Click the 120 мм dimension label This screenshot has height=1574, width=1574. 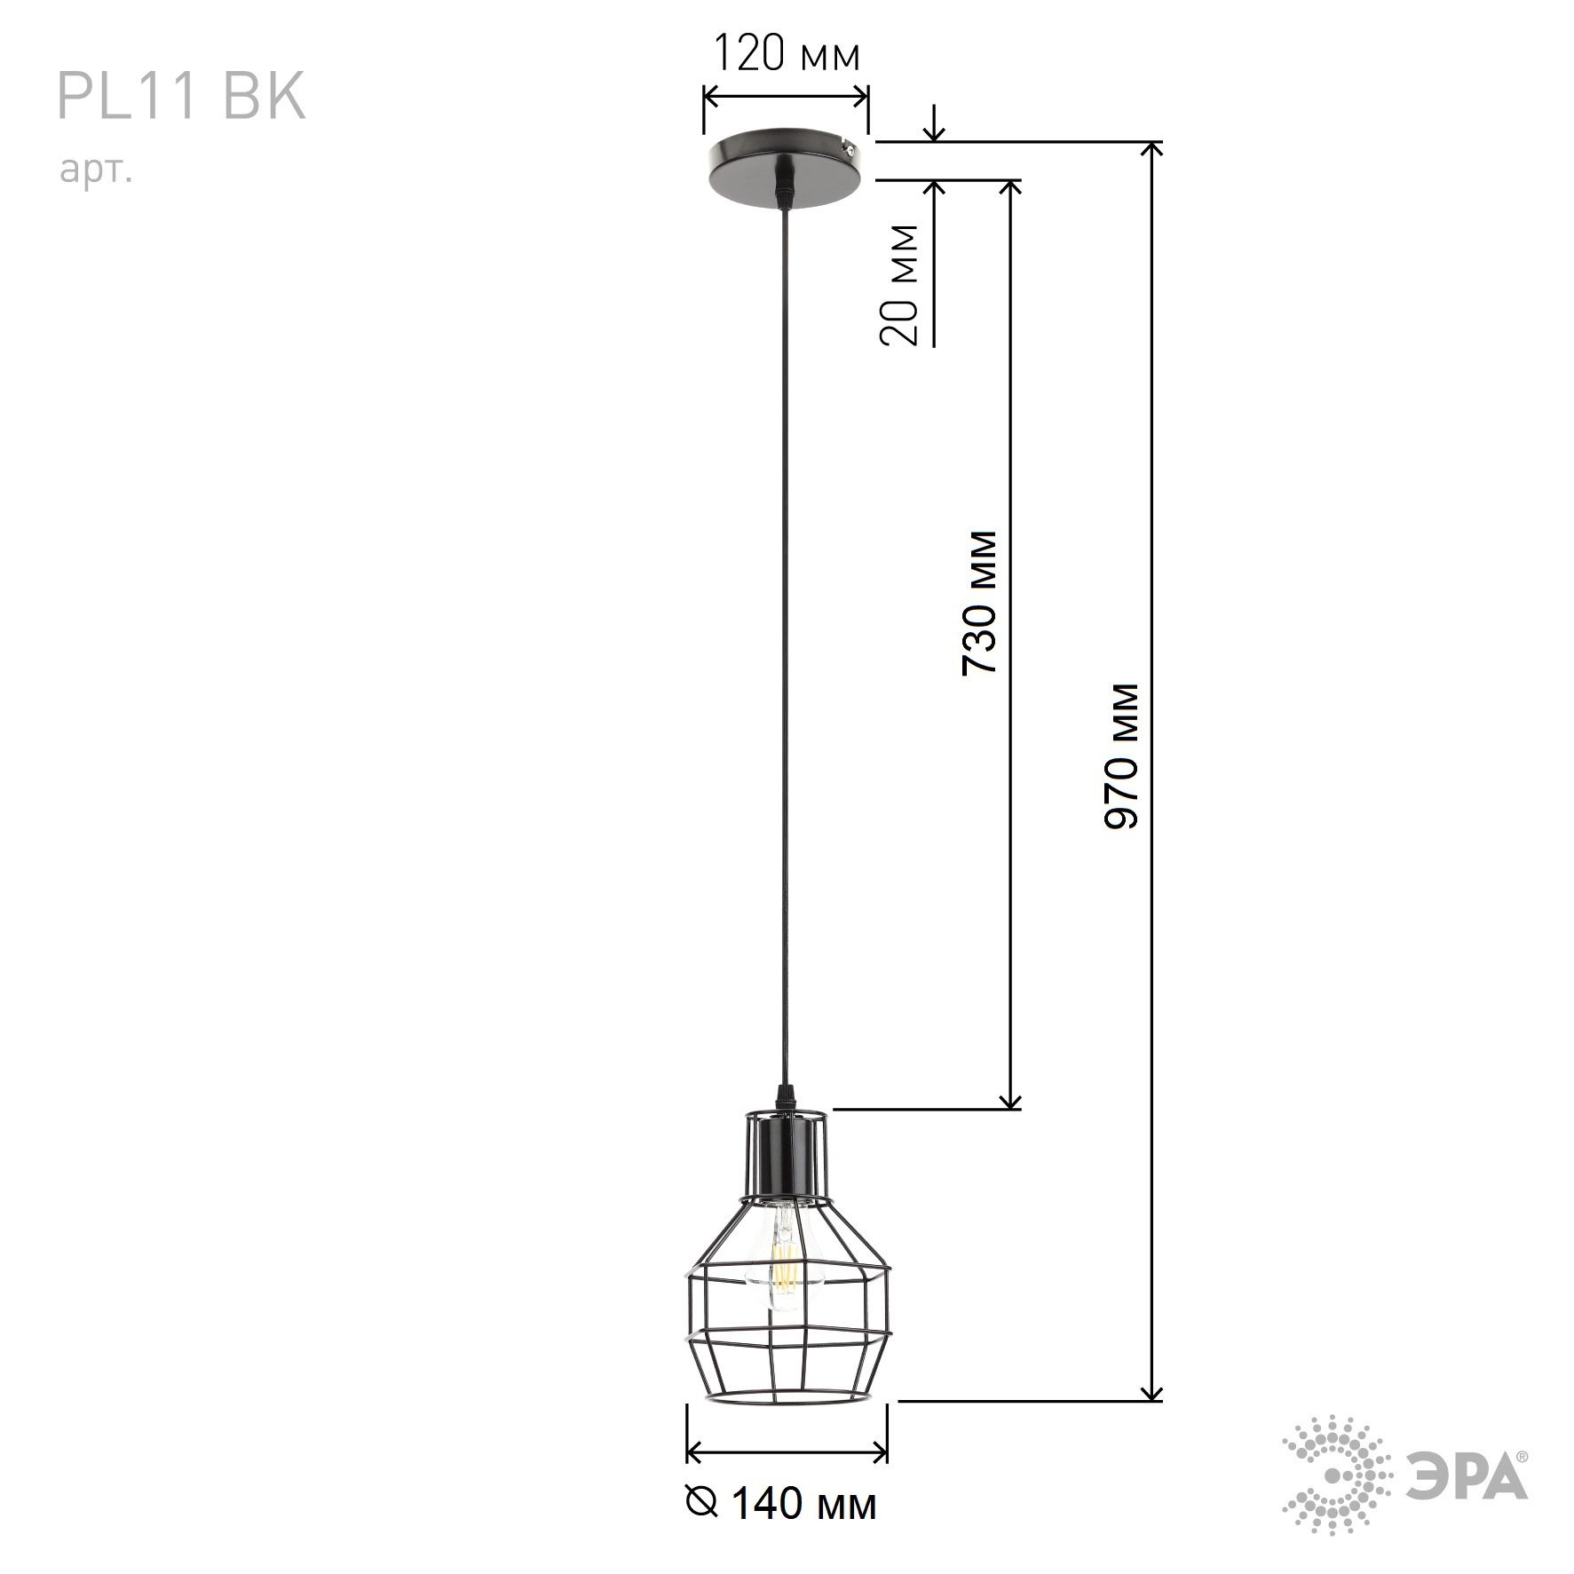[787, 54]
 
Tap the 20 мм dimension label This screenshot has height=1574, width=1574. [898, 284]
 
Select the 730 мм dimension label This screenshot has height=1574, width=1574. [980, 603]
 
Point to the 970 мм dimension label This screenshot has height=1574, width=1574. [1120, 755]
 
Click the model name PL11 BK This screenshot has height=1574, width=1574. [181, 96]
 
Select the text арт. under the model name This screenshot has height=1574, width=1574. [96, 170]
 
